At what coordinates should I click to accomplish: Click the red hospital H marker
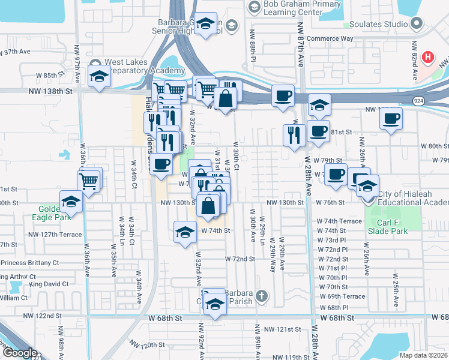[x=427, y=58]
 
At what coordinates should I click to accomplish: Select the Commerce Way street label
[x=330, y=39]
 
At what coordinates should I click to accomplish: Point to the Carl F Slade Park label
[x=387, y=227]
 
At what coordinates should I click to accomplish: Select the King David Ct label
[x=49, y=284]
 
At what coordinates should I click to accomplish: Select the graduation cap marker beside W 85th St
[x=99, y=76]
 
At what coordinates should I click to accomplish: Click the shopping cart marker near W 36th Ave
[x=89, y=179]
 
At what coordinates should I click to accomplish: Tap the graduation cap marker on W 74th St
[x=185, y=232]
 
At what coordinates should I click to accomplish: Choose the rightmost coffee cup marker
[x=390, y=118]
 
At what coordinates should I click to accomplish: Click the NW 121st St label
[x=285, y=329]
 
